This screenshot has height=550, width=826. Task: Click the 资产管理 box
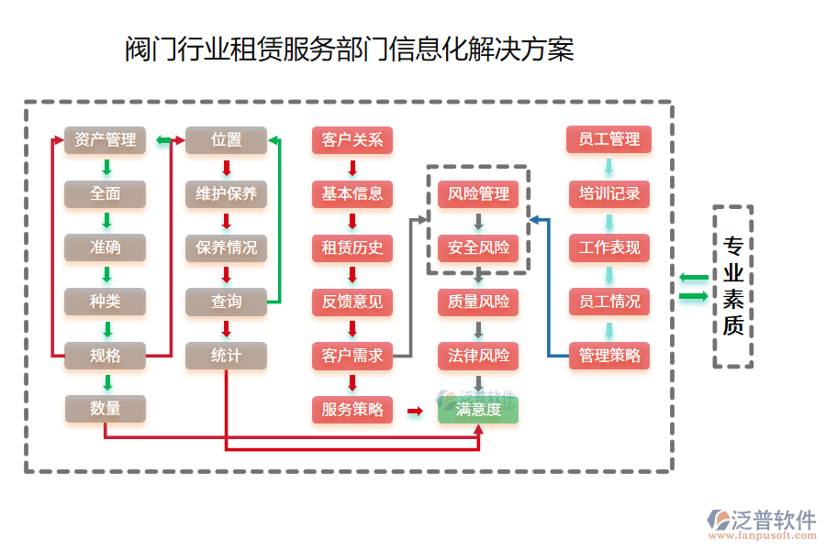point(105,140)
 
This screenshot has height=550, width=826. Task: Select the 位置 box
point(226,140)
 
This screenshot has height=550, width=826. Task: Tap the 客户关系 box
point(352,140)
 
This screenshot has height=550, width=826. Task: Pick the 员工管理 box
point(609,139)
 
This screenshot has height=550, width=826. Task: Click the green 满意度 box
point(478,410)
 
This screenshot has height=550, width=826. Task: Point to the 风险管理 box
point(478,194)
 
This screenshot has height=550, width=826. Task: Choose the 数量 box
point(105,409)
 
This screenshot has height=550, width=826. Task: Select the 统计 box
point(226,356)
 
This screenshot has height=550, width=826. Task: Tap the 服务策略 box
point(352,410)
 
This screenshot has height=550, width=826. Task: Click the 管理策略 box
point(609,356)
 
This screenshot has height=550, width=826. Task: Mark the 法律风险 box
point(478,356)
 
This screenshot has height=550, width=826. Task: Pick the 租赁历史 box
point(352,247)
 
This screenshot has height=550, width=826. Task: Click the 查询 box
point(226,302)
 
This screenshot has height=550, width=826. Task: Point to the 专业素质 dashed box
point(733,287)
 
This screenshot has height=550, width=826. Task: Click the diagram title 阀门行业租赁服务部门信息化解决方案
point(350,49)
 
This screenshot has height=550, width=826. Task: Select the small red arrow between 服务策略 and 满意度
point(415,411)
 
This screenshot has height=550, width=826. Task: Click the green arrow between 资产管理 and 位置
point(165,140)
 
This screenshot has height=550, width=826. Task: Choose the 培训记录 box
point(609,194)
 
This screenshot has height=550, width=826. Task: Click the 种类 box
point(105,302)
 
